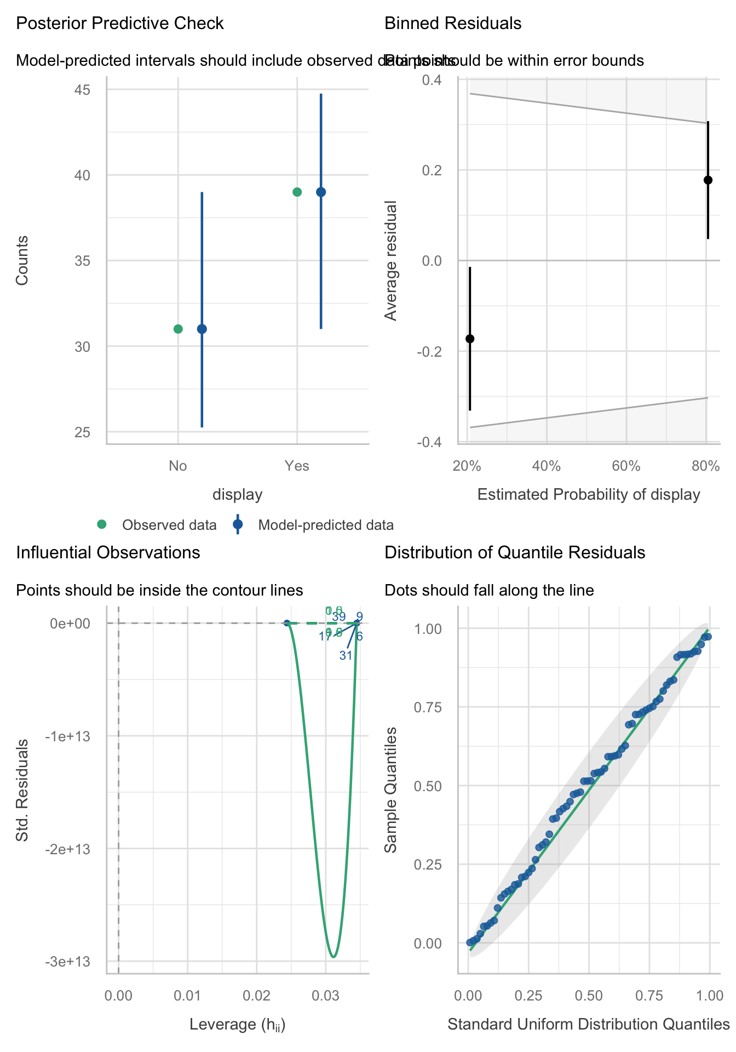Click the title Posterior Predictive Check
click(x=120, y=24)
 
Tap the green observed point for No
click(x=178, y=329)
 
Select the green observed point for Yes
click(x=297, y=192)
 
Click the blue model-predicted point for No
click(x=202, y=329)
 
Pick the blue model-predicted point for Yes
click(x=321, y=192)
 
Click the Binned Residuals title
click(x=453, y=24)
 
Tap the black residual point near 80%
click(x=708, y=180)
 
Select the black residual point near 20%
click(x=469, y=339)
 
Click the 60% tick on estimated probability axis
click(x=626, y=466)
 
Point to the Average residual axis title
click(x=390, y=261)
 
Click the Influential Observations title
click(x=108, y=552)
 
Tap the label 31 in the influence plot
click(x=346, y=655)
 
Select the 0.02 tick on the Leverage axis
click(x=256, y=993)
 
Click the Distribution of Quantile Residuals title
click(x=515, y=552)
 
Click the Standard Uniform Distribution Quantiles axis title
click(x=589, y=1024)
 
